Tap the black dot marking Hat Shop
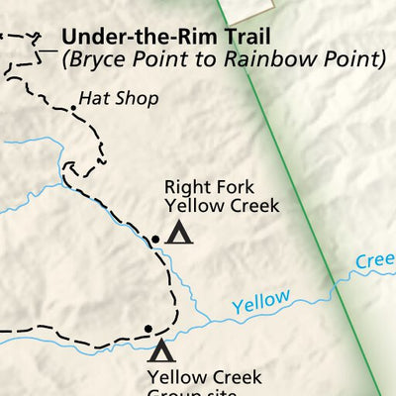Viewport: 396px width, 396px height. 73,108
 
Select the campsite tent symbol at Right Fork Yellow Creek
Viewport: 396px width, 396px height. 178,234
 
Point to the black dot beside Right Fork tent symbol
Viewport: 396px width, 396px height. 154,239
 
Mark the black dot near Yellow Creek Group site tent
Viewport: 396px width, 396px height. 148,329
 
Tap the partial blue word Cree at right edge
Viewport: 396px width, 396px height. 375,260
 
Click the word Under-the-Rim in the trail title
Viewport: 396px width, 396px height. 133,37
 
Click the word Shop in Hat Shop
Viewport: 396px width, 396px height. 125,99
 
